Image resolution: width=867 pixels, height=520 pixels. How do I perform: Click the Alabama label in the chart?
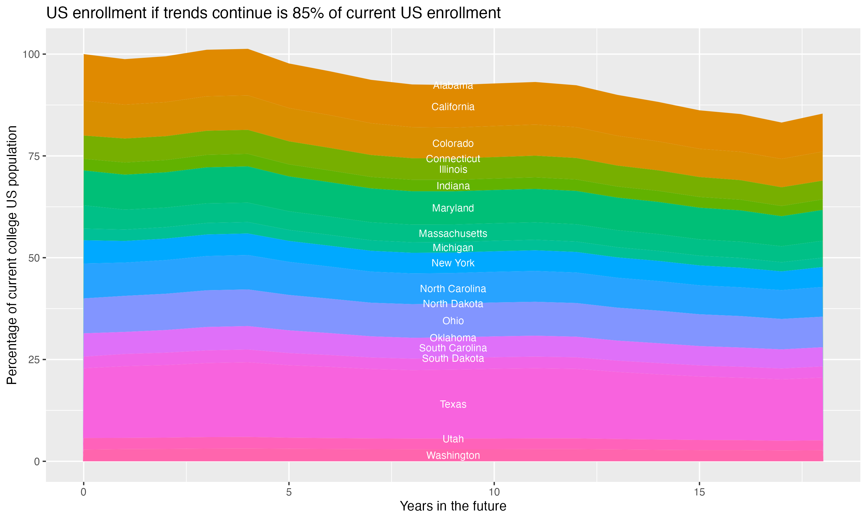(x=453, y=86)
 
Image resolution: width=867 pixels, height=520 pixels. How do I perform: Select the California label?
(x=453, y=107)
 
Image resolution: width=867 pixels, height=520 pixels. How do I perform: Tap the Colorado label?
(x=453, y=144)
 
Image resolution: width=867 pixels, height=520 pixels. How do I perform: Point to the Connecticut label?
(x=453, y=159)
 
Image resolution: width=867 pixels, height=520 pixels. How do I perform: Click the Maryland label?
(x=453, y=208)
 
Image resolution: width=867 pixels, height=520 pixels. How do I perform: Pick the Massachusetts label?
(x=453, y=233)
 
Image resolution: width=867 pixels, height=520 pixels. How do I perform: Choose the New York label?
(x=453, y=263)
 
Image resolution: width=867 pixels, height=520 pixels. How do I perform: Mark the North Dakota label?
(x=453, y=304)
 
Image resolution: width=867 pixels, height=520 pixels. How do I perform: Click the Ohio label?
(x=453, y=321)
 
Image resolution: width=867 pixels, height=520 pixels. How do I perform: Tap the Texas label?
(x=453, y=404)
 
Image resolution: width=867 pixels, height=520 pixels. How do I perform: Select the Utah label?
(x=453, y=439)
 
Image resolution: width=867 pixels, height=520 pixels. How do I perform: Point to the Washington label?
(x=453, y=456)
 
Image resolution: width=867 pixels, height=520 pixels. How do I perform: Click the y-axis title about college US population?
(x=12, y=255)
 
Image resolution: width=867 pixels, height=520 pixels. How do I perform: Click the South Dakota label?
(x=453, y=359)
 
